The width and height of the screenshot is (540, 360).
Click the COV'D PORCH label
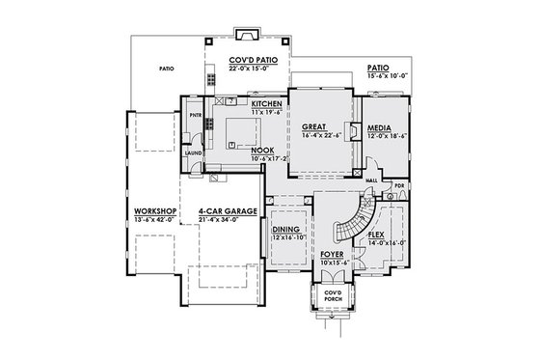pyautogui.click(x=333, y=294)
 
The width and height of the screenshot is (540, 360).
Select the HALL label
pyautogui.click(x=370, y=180)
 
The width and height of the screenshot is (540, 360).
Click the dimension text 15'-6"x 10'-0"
pyautogui.click(x=388, y=76)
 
